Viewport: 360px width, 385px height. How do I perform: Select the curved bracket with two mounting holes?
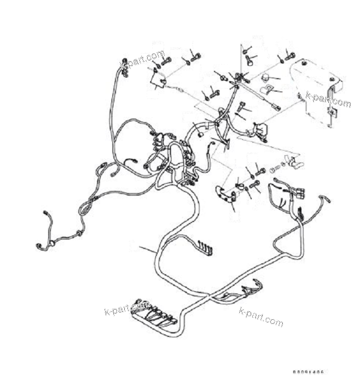tap(226, 195)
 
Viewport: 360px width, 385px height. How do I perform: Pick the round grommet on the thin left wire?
tap(51, 243)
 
